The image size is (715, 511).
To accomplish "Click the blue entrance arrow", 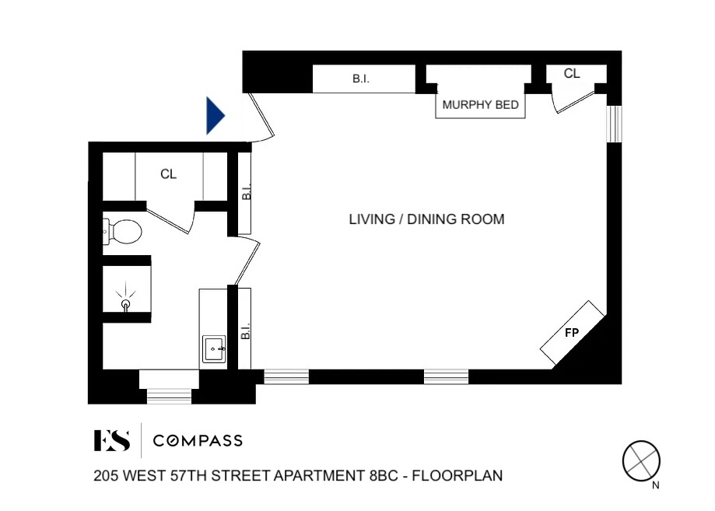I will [215, 116].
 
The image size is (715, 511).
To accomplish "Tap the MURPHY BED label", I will [480, 105].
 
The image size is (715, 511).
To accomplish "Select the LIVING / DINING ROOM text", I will [426, 219].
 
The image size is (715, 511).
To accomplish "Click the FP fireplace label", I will [572, 333].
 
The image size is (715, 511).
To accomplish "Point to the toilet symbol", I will [122, 230].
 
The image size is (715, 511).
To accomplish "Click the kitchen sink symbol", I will [214, 348].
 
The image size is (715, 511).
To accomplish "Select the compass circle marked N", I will [641, 460].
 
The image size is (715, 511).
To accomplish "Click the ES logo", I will [111, 440].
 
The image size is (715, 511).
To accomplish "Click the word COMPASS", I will [198, 441].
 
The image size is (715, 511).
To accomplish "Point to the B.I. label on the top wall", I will [361, 79].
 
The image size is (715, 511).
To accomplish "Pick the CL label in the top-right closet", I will [572, 74].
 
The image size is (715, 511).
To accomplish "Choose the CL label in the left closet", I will [169, 174].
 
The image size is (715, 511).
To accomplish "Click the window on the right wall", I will [614, 124].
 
